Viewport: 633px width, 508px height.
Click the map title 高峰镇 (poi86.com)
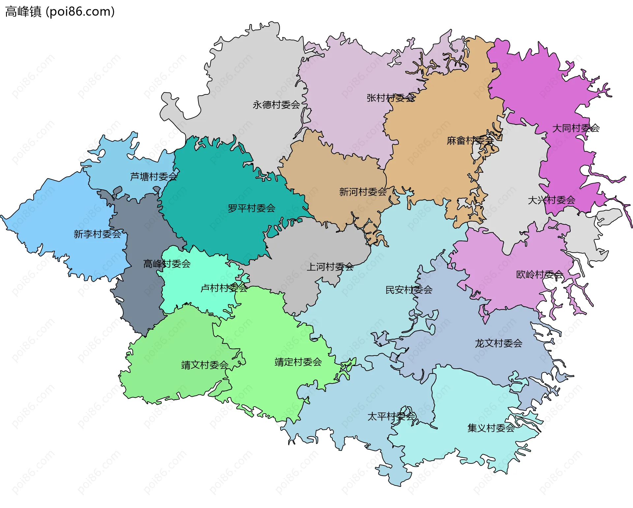pyautogui.click(x=60, y=12)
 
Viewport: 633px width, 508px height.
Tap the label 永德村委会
pyautogui.click(x=276, y=105)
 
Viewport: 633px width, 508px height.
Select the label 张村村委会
pyautogui.click(x=391, y=98)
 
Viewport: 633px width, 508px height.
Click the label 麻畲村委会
pyautogui.click(x=470, y=141)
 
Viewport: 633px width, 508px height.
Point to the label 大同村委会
pyautogui.click(x=576, y=128)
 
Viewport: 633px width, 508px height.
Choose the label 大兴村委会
pyautogui.click(x=551, y=200)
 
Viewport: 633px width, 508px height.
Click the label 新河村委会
pyautogui.click(x=363, y=192)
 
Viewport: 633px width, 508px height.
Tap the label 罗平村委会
pyautogui.click(x=252, y=208)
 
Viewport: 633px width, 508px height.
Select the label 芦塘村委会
pyautogui.click(x=154, y=177)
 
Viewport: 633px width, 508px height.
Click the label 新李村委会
pyautogui.click(x=97, y=234)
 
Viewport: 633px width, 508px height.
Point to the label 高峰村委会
pyautogui.click(x=167, y=264)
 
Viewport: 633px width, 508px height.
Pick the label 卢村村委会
pyautogui.click(x=224, y=288)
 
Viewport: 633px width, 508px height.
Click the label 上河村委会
pyautogui.click(x=330, y=267)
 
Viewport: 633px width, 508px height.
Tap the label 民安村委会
pyautogui.click(x=409, y=290)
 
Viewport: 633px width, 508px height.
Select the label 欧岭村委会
pyautogui.click(x=539, y=274)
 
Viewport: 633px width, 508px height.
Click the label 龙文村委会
pyautogui.click(x=498, y=343)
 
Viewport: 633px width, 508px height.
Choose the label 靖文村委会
pyautogui.click(x=205, y=365)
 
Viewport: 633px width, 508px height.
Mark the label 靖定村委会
pyautogui.click(x=298, y=362)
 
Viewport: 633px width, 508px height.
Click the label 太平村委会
pyautogui.click(x=391, y=417)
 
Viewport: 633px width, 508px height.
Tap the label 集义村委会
pyautogui.click(x=491, y=428)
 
